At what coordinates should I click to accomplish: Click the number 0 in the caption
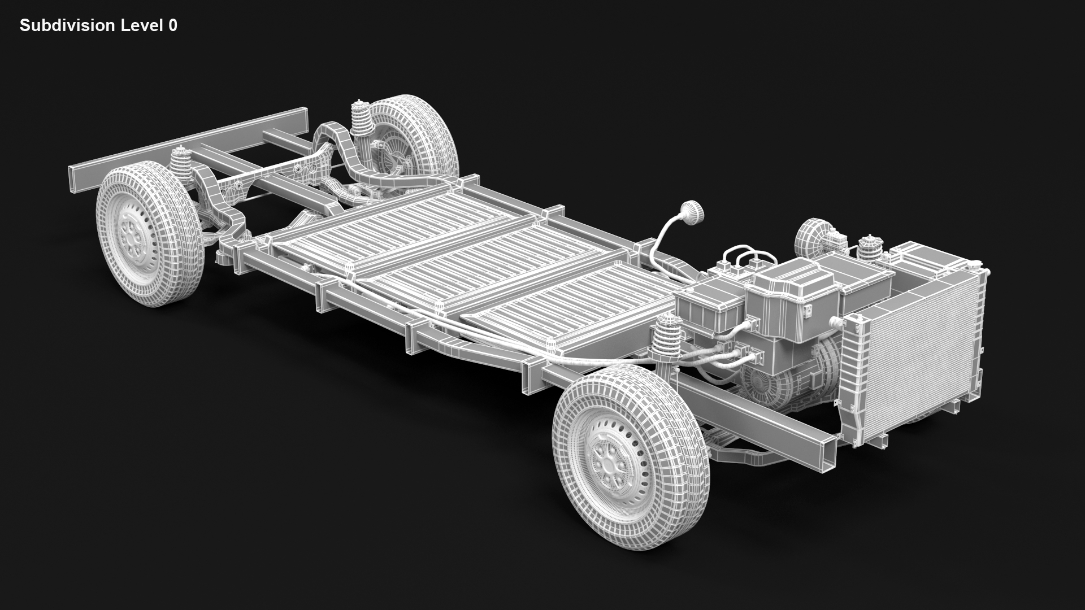[172, 25]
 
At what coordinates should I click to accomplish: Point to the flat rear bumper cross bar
[186, 144]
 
